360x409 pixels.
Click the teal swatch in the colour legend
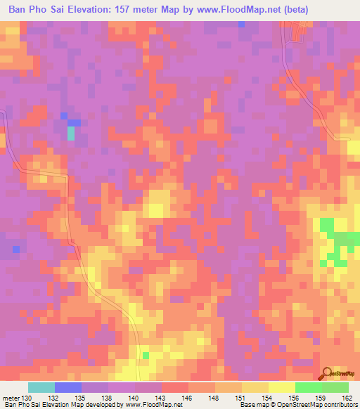pos(41,387)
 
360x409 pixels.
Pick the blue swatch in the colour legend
pos(68,387)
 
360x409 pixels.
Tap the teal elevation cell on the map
pos(70,132)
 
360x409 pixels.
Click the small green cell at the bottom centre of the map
pos(146,356)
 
